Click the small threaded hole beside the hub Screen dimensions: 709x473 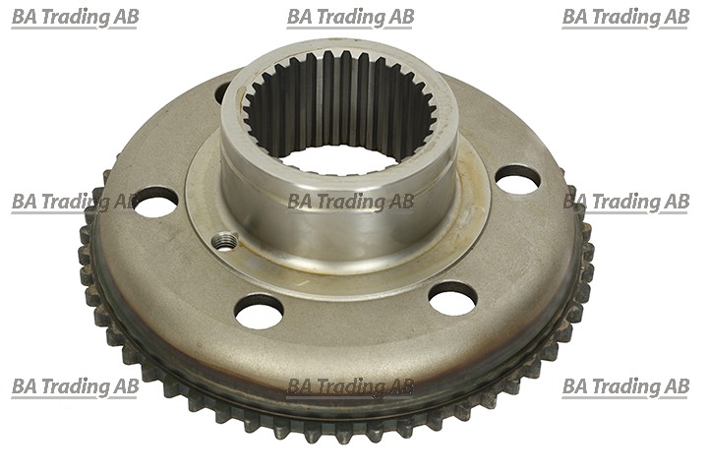225,240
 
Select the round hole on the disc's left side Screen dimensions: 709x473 155,201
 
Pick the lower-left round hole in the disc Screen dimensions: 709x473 259,312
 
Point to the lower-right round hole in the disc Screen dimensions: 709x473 452,298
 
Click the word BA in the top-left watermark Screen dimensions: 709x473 27,17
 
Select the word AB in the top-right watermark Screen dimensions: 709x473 676,17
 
